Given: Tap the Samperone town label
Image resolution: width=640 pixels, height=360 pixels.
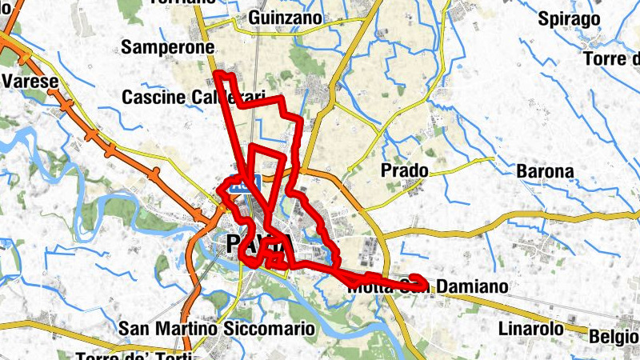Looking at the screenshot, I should point(167,48).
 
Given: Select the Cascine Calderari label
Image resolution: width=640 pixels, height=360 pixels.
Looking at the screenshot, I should point(193,97).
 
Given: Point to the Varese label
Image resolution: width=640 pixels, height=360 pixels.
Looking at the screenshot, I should point(30,82).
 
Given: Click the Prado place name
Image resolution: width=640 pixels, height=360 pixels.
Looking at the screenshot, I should point(404,171).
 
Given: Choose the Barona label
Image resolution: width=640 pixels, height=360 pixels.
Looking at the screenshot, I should point(545,171).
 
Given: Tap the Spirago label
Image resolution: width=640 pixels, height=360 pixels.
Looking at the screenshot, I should point(569,18).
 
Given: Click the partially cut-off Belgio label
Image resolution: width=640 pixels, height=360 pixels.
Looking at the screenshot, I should point(614,337).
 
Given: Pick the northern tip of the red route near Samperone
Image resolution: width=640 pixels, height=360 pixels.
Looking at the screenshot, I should point(218,74).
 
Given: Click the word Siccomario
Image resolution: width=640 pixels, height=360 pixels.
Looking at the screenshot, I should point(272,329).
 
